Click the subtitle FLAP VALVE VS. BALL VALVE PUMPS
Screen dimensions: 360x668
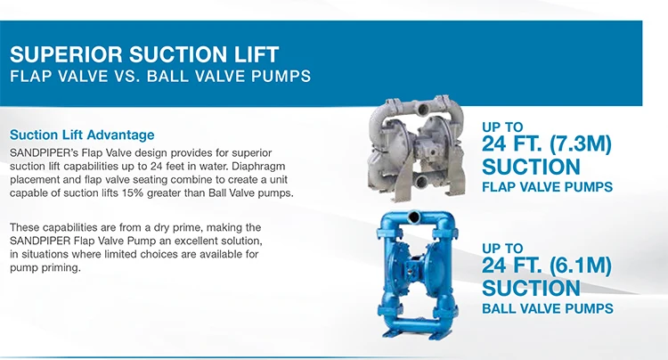pyautogui.click(x=159, y=76)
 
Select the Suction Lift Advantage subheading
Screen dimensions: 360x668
pyautogui.click(x=81, y=135)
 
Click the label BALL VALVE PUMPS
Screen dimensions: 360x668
pyautogui.click(x=547, y=309)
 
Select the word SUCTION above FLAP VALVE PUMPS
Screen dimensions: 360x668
pyautogui.click(x=531, y=167)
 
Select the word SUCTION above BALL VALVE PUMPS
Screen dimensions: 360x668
pyautogui.click(x=531, y=288)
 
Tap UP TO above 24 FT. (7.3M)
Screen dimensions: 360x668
pyautogui.click(x=502, y=127)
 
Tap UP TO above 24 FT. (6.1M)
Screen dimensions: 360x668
pyautogui.click(x=502, y=248)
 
